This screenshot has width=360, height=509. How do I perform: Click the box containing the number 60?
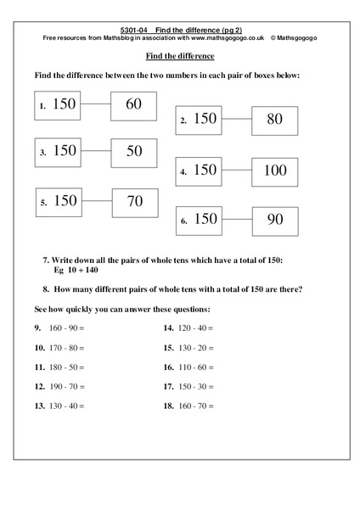tap(133, 105)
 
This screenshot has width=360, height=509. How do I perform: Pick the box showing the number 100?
tap(275, 171)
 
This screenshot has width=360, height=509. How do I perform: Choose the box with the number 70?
tap(134, 203)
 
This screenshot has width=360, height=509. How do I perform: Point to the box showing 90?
tap(275, 220)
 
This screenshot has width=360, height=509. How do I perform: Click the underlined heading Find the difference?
tap(180, 56)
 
